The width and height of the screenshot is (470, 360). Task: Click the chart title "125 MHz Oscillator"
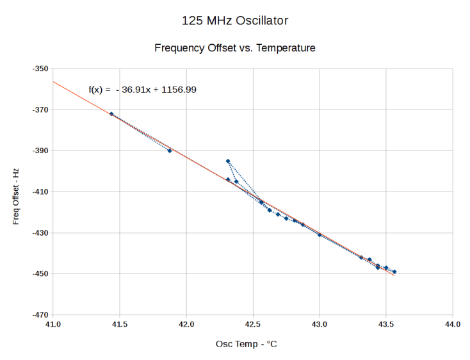coord(235,21)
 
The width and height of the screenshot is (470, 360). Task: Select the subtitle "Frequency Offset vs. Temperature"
coord(235,48)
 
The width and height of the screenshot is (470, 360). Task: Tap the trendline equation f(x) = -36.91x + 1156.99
coord(142,90)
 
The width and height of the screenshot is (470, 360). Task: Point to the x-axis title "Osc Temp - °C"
coord(247,344)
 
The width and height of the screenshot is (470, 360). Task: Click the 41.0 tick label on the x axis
coord(53,324)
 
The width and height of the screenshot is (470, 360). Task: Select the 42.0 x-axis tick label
coord(186,324)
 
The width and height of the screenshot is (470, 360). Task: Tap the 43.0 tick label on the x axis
coord(320,324)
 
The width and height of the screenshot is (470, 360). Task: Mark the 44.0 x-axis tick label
coord(453,324)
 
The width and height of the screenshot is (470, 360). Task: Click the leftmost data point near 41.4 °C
coord(111,114)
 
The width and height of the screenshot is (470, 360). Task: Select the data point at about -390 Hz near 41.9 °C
coord(170,151)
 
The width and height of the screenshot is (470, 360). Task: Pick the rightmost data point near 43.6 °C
coord(394,272)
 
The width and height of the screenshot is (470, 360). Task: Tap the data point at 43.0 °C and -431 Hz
coord(320,235)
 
